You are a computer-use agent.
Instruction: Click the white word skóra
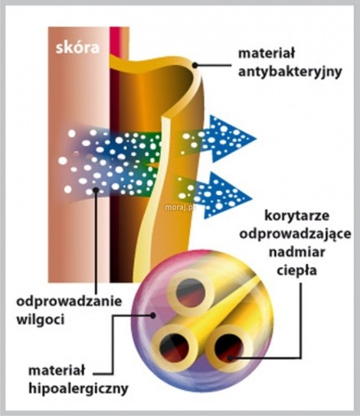(77, 47)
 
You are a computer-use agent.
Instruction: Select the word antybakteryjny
(289, 72)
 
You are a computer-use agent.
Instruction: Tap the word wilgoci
(41, 320)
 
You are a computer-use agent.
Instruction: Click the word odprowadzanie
(69, 301)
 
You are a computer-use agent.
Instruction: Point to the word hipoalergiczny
(78, 388)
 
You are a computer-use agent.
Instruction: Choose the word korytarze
(297, 216)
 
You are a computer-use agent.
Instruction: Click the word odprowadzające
(295, 234)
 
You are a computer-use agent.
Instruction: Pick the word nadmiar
(297, 253)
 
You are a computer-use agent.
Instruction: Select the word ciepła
(297, 271)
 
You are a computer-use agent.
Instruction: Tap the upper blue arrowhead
(230, 139)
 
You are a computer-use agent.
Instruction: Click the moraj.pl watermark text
(180, 207)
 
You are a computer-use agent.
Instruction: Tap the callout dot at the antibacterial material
(195, 65)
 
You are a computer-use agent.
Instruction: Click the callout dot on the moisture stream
(96, 190)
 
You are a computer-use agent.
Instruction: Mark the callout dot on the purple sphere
(153, 315)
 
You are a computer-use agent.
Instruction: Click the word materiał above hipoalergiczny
(57, 370)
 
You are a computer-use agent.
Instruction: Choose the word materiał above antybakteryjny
(267, 54)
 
